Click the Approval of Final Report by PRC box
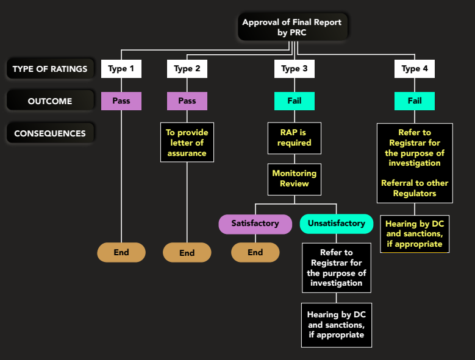pos(292,27)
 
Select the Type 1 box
pos(121,69)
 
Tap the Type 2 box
pos(187,69)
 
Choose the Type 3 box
pos(295,69)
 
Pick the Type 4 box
pos(415,69)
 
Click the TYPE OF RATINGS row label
pos(50,69)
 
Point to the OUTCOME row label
pos(50,101)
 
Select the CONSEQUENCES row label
pos(50,133)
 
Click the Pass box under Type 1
pos(121,101)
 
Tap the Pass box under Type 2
pos(187,101)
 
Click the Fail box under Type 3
pos(295,101)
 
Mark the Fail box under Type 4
pos(415,101)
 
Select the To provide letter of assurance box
pos(187,143)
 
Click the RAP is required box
pos(295,138)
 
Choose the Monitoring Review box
pos(295,178)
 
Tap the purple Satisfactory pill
pos(255,224)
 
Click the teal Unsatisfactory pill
pos(336,224)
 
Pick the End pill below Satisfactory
pos(255,252)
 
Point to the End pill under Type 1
pos(121,252)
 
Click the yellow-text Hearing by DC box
pos(415,234)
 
